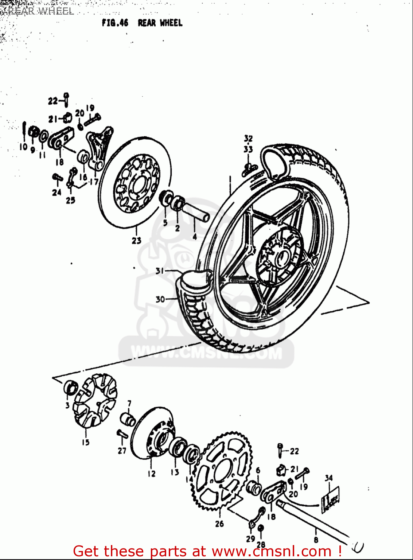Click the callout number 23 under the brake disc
coord(136,240)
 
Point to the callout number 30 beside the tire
coord(160,299)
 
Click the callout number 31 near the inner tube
coord(160,271)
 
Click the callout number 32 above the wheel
coord(248,139)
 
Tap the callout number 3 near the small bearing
coord(67,405)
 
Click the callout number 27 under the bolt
coord(122,451)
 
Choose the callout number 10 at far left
coord(24,147)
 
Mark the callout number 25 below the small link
coord(71,200)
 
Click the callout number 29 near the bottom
coord(250,539)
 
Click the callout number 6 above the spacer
coord(258,471)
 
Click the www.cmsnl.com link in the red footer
coord(272,551)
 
